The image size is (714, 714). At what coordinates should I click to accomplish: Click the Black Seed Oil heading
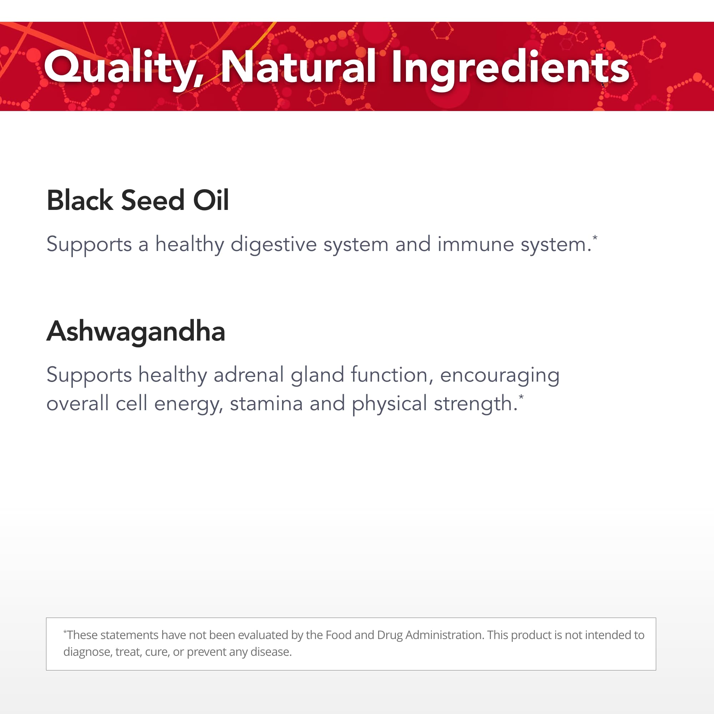coord(137,200)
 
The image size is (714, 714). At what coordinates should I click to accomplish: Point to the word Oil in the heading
coord(211,200)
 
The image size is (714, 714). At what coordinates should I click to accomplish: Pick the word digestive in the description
coord(273,244)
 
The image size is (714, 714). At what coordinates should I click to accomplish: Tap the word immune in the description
coord(476,244)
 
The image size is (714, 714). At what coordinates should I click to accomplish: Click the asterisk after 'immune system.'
coord(595,238)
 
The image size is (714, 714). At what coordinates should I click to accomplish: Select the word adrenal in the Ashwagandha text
coord(249,375)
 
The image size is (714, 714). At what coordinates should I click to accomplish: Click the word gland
coord(317,375)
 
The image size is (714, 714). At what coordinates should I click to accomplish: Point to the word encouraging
coord(500,375)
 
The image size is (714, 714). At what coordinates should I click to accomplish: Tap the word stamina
coord(266,403)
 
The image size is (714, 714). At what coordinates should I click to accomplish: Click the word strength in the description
coord(476,403)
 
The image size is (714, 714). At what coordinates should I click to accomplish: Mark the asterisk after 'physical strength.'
coord(521,397)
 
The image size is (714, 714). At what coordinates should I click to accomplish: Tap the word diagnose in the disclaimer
coord(87,652)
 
